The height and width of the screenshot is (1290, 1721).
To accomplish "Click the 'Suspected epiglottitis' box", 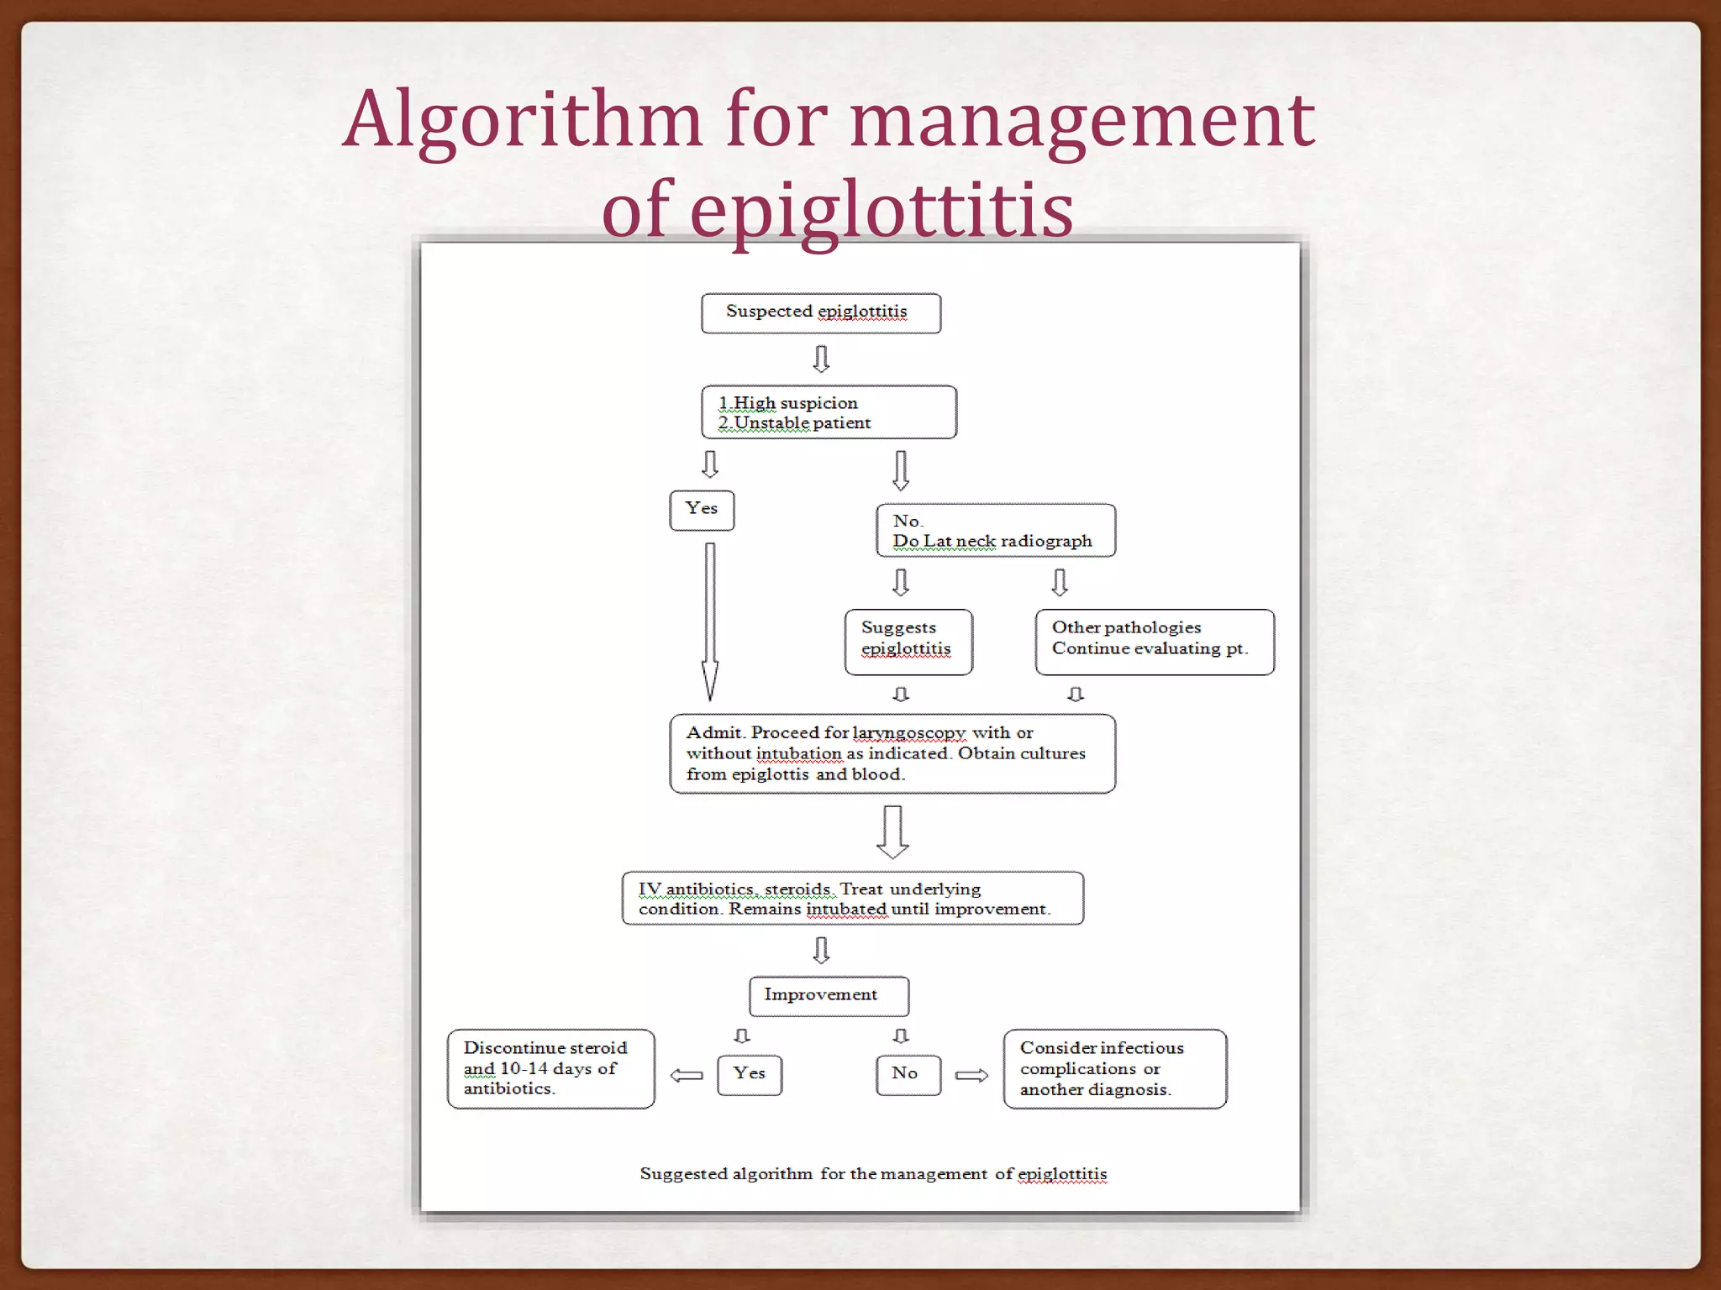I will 820,312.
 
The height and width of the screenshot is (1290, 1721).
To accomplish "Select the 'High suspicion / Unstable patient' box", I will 828,412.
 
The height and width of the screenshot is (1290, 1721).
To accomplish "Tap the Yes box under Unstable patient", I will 702,510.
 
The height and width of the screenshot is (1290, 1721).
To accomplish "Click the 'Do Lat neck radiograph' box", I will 995,531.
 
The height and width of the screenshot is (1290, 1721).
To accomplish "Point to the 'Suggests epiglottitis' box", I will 908,642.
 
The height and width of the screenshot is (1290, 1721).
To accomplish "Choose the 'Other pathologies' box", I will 1154,642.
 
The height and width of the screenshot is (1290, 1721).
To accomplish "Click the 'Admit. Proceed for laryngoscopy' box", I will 892,753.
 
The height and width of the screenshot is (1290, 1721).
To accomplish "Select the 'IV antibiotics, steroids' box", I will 852,898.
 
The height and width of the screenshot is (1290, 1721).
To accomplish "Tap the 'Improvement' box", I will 828,995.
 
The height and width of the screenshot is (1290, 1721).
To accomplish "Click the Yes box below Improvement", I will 749,1074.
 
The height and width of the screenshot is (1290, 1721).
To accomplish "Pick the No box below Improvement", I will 908,1074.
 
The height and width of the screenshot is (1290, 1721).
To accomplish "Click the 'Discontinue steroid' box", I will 550,1068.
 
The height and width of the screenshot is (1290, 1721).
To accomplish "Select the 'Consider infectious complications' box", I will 1114,1068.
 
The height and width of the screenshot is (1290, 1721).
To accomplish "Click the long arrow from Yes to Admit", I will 710,621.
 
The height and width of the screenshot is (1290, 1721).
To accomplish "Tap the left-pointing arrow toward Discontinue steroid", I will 687,1075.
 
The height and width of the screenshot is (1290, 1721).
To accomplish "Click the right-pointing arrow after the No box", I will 971,1075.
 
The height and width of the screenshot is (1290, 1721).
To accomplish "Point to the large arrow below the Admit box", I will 892,831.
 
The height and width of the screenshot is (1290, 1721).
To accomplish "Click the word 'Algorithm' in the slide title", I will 521,119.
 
